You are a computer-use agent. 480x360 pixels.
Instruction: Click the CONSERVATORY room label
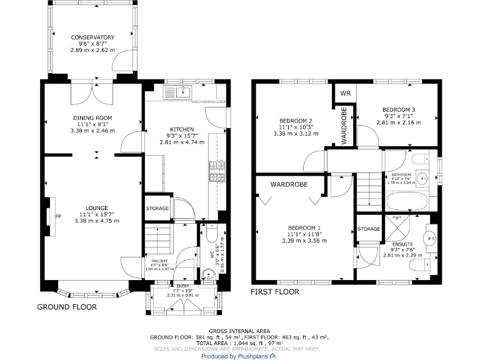point(92,37)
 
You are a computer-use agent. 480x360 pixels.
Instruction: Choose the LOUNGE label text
point(97,208)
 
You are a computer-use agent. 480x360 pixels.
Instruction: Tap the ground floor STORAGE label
point(157,208)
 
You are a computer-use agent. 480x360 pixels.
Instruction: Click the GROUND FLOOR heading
point(67,307)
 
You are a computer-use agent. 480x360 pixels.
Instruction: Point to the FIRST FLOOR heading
point(275,292)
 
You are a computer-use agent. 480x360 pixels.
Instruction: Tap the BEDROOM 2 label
point(296,121)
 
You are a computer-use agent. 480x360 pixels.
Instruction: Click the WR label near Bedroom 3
point(344,94)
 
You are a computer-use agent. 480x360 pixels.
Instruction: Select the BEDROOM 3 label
point(399,109)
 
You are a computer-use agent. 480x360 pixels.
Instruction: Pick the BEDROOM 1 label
point(304,227)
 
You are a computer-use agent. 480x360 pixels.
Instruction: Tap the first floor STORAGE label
point(369,229)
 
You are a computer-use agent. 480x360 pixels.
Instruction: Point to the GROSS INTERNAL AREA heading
point(239,331)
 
